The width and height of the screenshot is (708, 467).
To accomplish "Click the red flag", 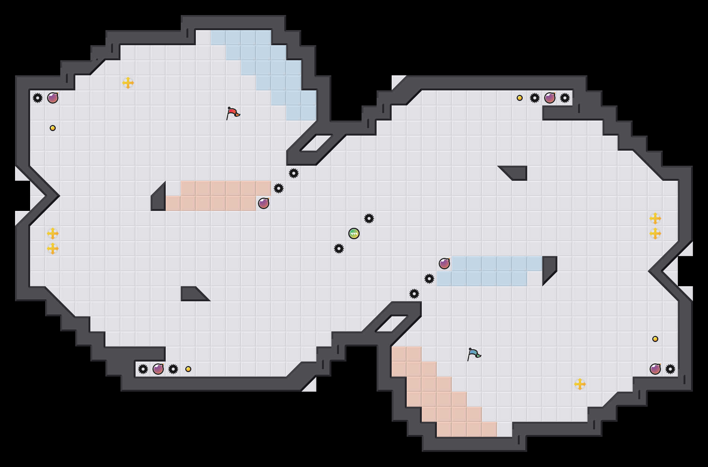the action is (x=233, y=113).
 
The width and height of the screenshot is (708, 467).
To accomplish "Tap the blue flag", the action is (x=474, y=354).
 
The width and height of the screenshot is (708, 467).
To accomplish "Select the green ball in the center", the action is (x=354, y=233).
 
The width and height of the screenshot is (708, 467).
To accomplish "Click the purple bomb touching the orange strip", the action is (x=264, y=203).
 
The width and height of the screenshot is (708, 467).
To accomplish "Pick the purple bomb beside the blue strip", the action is (x=444, y=264).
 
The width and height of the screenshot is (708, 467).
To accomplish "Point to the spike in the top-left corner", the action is (x=38, y=98).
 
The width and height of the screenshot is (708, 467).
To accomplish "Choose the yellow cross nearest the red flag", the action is (x=128, y=83).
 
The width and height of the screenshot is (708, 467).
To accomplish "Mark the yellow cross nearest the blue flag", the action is (x=580, y=384).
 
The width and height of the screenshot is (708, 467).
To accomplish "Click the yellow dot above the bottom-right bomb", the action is (x=655, y=339).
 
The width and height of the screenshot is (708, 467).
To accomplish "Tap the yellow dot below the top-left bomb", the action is (x=53, y=128).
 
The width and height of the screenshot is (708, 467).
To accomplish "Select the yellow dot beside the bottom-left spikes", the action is (x=188, y=369).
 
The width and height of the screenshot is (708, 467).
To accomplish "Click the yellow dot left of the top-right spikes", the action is (x=520, y=98).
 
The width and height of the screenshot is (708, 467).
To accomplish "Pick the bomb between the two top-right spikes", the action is (x=550, y=98).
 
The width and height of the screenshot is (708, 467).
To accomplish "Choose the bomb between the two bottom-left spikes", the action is (x=158, y=369).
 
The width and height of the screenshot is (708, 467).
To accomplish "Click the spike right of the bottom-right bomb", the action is (x=670, y=369).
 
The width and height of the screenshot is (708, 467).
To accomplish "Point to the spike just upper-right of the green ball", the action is (x=369, y=218).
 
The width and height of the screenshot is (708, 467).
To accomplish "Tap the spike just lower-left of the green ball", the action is (x=339, y=249).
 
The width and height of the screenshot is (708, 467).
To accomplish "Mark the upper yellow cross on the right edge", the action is (x=655, y=218).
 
